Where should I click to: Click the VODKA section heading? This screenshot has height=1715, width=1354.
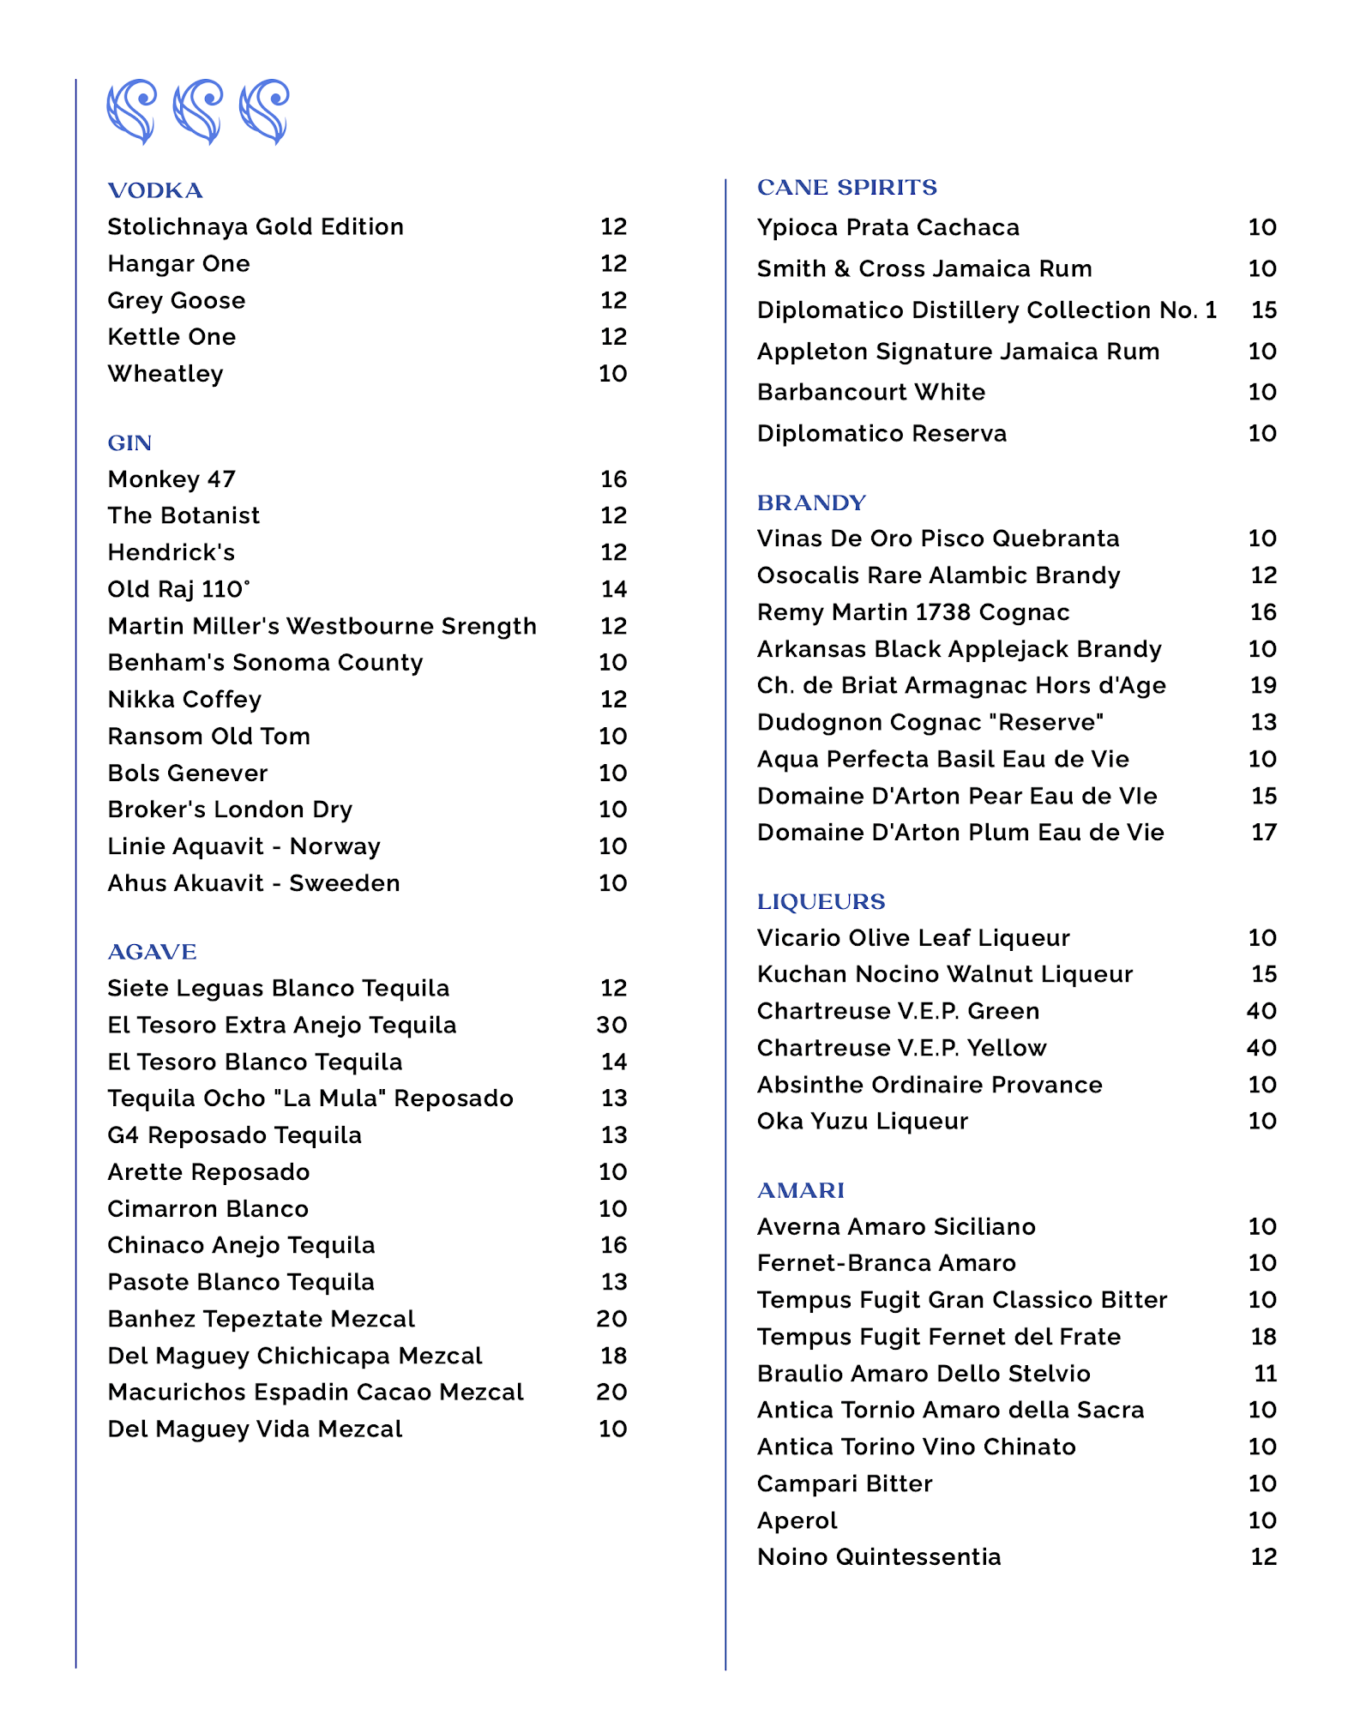tap(155, 190)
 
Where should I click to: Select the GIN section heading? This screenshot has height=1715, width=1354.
tap(129, 442)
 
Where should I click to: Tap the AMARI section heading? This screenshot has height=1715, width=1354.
tap(800, 1190)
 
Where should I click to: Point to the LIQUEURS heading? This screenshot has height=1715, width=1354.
tap(821, 901)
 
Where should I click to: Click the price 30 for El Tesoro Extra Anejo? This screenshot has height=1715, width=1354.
tap(611, 1025)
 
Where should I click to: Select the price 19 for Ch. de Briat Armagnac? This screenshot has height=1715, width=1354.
tap(1263, 685)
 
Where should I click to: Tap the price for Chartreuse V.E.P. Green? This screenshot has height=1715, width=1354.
tap(1261, 1011)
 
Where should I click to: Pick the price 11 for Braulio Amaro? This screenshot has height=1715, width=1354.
tap(1265, 1374)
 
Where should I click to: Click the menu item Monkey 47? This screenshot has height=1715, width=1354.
tap(172, 479)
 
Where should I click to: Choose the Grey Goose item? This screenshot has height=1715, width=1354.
tap(177, 301)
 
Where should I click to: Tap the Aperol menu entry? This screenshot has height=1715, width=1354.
tap(797, 1520)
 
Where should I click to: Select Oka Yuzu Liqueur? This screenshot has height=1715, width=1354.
tap(862, 1121)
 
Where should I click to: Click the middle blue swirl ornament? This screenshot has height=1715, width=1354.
tap(198, 111)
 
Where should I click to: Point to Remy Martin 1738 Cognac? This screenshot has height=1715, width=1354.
tap(912, 612)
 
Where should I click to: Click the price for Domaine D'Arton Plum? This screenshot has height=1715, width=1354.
tap(1263, 832)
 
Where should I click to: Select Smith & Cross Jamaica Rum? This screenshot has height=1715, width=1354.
tap(924, 268)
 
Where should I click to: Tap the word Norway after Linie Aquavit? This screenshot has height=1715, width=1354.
tap(334, 846)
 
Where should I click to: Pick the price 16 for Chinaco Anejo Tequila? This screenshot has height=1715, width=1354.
tap(613, 1245)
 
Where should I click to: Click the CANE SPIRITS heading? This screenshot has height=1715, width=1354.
tap(846, 187)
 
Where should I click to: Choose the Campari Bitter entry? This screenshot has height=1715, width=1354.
tap(844, 1483)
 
